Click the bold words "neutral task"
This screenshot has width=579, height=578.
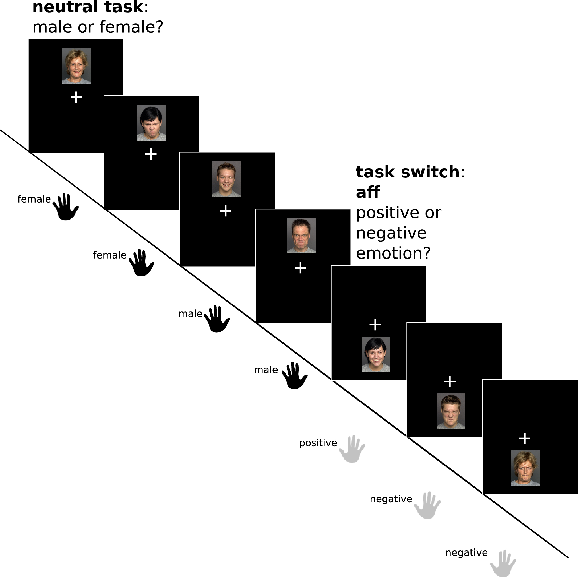coord(88,7)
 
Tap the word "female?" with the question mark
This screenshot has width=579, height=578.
coord(131,27)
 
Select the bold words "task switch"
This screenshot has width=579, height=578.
coord(408,172)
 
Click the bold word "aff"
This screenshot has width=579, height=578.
coord(368,192)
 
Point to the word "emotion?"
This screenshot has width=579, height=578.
coord(393,253)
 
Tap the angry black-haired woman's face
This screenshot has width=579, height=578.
coord(151,123)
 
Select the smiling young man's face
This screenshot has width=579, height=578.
coord(226,179)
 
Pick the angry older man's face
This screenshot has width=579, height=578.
coord(301,236)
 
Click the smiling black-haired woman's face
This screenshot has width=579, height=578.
coord(376,354)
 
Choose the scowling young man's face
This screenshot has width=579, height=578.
coord(451,411)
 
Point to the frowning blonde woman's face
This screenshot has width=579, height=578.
coord(525,468)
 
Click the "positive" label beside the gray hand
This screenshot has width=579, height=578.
coord(318,443)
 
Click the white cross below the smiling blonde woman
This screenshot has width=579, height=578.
coord(76,97)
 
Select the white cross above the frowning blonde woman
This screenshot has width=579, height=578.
coord(524,438)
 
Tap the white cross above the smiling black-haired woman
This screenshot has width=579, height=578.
coord(375,325)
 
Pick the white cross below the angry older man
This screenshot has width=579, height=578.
coord(300,268)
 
